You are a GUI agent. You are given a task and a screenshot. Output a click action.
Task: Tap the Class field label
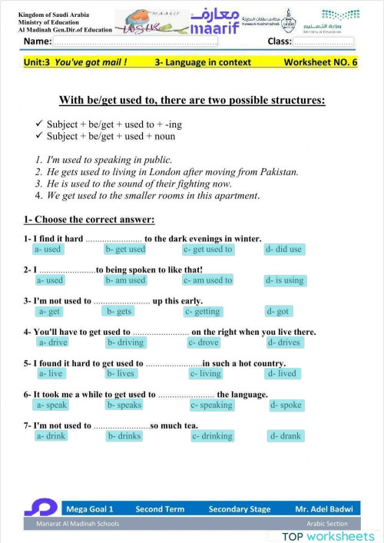(x=280, y=41)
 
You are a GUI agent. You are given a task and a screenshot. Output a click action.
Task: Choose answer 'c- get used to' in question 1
(x=207, y=250)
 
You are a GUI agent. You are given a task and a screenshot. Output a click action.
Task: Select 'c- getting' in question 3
(x=203, y=312)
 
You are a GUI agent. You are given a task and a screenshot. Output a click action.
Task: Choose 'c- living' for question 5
(x=205, y=374)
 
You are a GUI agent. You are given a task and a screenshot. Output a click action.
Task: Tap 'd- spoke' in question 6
(x=286, y=406)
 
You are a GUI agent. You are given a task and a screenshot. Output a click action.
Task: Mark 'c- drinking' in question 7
(x=212, y=436)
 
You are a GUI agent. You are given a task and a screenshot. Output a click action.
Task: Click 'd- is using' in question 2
(x=285, y=280)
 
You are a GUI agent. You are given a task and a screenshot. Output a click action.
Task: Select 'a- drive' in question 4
(x=52, y=343)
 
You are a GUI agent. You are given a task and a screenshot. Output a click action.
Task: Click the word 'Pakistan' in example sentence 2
(x=273, y=173)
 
